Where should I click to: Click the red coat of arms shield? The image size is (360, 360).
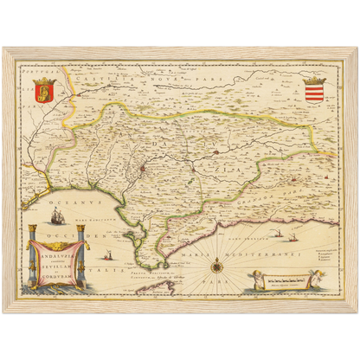pyautogui.click(x=42, y=88)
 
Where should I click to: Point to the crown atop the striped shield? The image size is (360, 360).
pyautogui.click(x=316, y=80)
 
